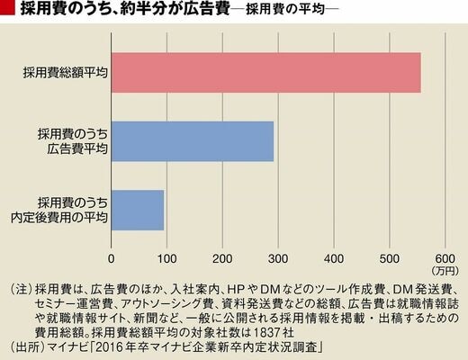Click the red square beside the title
(x=7, y=7)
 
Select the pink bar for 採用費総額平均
(x=266, y=73)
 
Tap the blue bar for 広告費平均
(x=193, y=141)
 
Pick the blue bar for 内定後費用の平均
(x=138, y=210)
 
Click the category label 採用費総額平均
(x=65, y=73)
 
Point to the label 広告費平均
(x=77, y=149)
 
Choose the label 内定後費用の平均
(x=59, y=218)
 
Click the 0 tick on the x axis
(x=112, y=258)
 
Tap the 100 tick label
(x=166, y=258)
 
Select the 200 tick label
(x=222, y=258)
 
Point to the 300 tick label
(x=278, y=258)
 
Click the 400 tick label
(x=334, y=258)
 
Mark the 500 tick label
(x=390, y=258)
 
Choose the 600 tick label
(x=445, y=258)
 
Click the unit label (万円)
(x=445, y=271)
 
